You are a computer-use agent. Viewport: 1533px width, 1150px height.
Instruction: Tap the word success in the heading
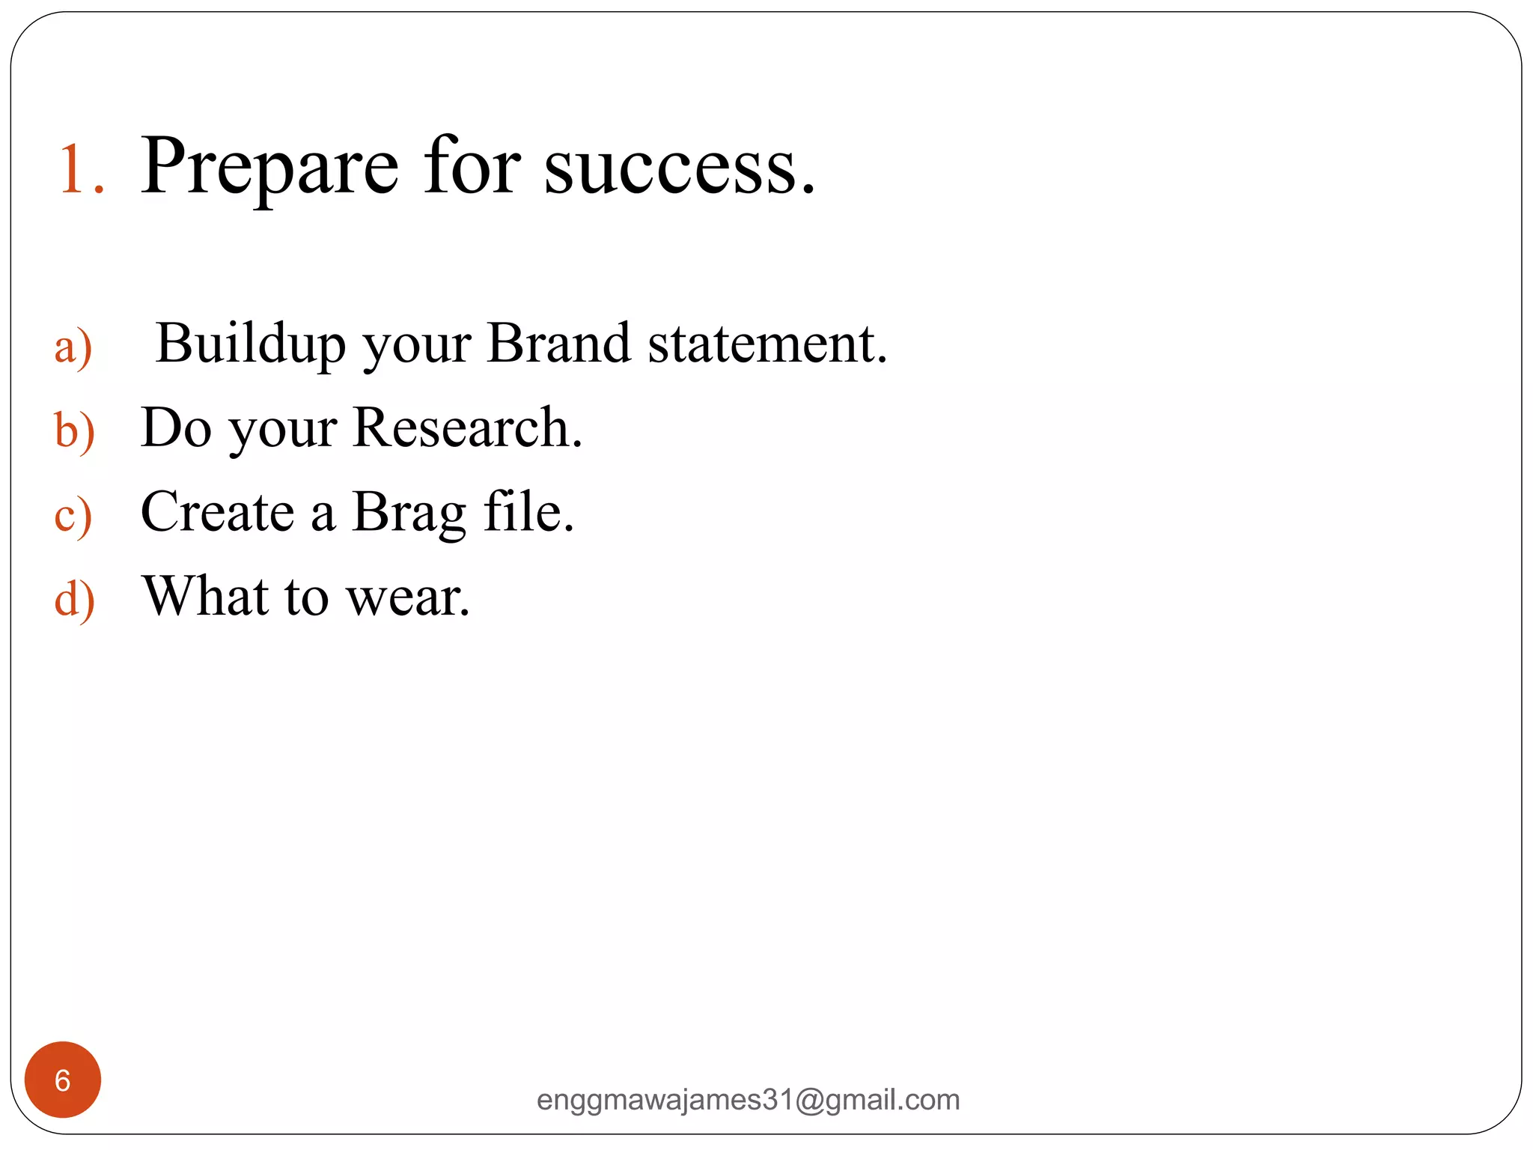point(677,168)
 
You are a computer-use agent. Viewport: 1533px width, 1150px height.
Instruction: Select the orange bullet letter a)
point(73,347)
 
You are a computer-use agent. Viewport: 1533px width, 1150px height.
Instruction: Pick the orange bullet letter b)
point(74,431)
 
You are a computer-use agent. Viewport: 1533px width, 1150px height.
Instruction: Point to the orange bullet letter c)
point(73,516)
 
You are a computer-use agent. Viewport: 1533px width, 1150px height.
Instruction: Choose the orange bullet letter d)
point(74,600)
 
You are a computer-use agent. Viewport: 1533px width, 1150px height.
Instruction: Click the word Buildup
point(251,344)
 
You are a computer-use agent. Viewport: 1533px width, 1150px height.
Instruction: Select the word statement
point(766,344)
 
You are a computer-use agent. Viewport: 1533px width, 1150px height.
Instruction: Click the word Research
point(466,428)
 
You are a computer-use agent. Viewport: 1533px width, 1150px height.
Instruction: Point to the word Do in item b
point(176,428)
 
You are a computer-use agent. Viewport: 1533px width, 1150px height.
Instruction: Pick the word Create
point(217,513)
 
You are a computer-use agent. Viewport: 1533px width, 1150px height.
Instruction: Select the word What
point(205,597)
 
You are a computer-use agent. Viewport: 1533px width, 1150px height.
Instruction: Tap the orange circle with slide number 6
point(63,1080)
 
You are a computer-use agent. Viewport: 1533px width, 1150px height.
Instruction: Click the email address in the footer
point(748,1100)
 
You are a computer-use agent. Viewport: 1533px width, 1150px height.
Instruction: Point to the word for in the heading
point(471,166)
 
